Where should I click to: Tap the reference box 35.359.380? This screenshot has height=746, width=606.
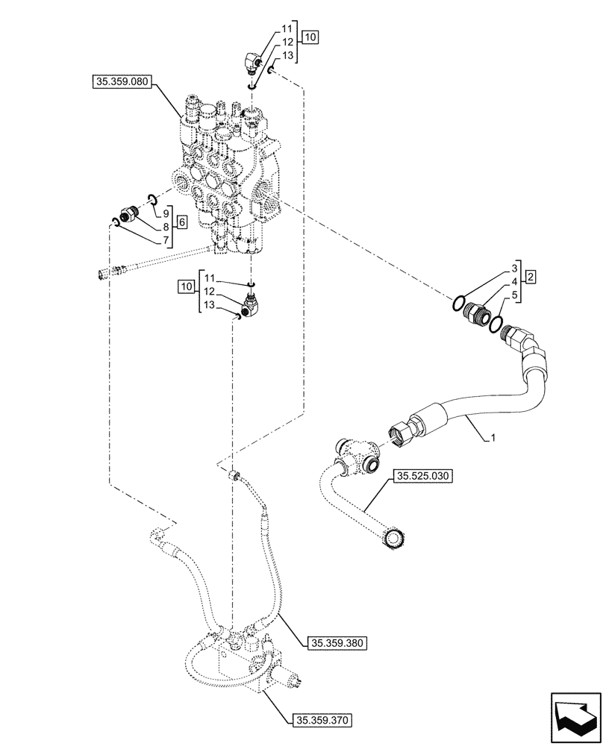(334, 642)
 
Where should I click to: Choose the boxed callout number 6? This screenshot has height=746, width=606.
(181, 222)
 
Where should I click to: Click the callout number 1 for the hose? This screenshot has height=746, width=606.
(493, 440)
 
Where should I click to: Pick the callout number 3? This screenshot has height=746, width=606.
(515, 267)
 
